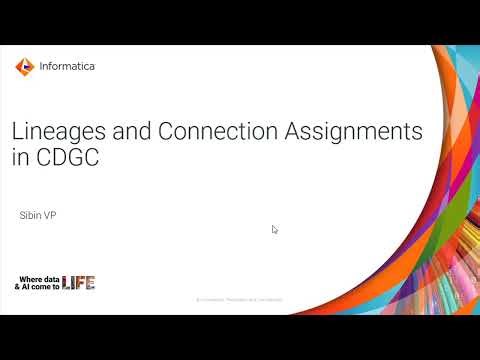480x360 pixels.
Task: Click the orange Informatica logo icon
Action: click(24, 67)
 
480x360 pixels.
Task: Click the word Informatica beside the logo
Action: click(67, 67)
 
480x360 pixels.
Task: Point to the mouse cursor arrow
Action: click(275, 229)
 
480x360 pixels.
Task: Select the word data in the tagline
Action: click(51, 277)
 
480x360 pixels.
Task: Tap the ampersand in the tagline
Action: click(17, 286)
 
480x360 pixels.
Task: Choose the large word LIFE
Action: click(79, 282)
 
